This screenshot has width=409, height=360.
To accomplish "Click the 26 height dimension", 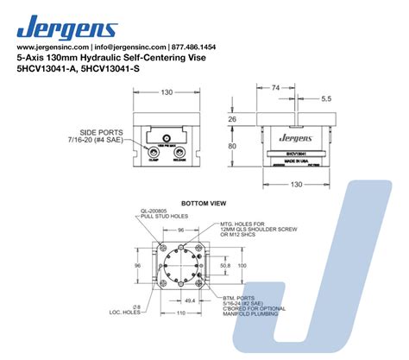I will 256,119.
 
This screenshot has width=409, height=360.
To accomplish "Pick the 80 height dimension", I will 256,147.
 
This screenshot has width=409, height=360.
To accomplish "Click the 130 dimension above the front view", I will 166,92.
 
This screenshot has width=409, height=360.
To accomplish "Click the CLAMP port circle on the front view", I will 153,151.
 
